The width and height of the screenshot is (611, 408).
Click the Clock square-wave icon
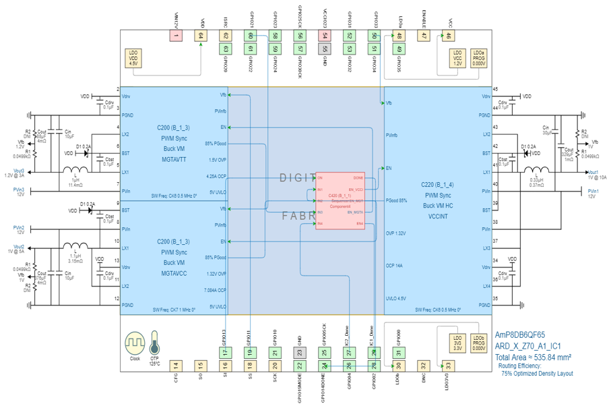135,343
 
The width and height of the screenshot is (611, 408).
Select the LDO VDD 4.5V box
133,57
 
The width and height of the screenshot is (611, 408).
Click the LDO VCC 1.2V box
458,57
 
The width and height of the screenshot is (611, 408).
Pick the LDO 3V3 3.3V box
458,343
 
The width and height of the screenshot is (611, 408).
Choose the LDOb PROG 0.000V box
479,343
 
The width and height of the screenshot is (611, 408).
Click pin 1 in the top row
176,36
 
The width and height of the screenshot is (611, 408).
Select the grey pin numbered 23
300,352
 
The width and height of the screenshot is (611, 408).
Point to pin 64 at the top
200,36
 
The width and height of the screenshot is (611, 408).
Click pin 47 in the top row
423,36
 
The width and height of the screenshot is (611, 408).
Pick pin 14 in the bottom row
176,366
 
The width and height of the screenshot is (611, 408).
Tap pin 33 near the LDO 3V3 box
448,366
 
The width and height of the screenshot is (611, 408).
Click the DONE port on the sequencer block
358,178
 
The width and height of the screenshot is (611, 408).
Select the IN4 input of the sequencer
321,223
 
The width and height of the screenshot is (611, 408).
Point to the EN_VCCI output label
356,190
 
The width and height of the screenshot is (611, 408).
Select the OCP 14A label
394,266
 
